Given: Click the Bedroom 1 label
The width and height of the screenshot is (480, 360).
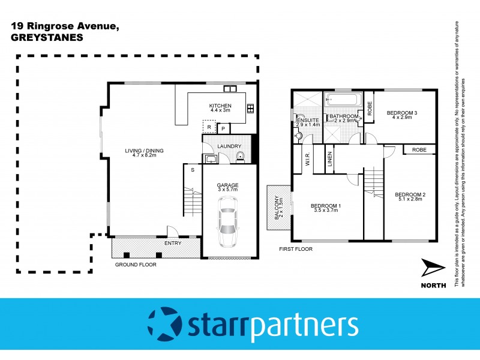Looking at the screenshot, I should [326, 206].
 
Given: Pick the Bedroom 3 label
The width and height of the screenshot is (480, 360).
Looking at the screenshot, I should [401, 113].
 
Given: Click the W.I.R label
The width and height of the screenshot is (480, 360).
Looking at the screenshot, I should [307, 161].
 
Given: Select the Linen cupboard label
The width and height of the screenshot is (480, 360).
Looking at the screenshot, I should [329, 161].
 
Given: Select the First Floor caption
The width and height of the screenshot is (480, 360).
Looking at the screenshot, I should [296, 248].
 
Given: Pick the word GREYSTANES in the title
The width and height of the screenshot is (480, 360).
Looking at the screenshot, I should [46, 36].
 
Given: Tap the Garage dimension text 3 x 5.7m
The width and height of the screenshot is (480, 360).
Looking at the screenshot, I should [227, 190].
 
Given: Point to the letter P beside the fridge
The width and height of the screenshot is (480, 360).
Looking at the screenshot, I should [223, 128].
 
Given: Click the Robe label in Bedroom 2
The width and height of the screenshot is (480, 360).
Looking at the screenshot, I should [419, 150].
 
